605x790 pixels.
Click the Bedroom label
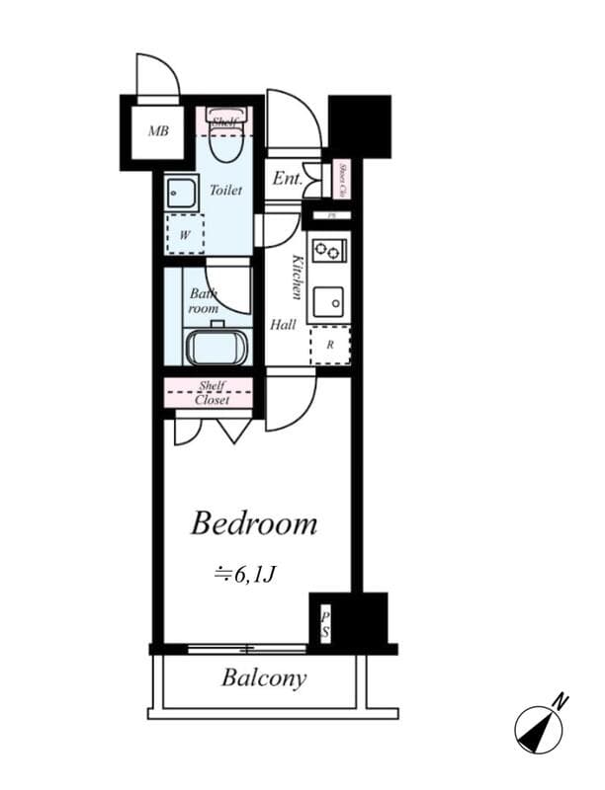tap(253, 523)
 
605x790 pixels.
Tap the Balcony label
tap(263, 678)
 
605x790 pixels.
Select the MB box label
tap(158, 130)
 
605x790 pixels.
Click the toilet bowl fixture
tap(226, 144)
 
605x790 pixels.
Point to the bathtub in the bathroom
tap(216, 347)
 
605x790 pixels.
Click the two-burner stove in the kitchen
tap(328, 251)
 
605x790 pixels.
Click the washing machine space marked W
tap(185, 235)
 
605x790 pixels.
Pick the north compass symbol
tap(540, 729)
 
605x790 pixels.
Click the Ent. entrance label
tap(287, 180)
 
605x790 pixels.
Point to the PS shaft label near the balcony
tap(323, 624)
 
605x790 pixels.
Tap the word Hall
tap(283, 324)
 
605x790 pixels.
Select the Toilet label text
tap(224, 190)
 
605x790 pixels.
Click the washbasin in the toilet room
tap(182, 192)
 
